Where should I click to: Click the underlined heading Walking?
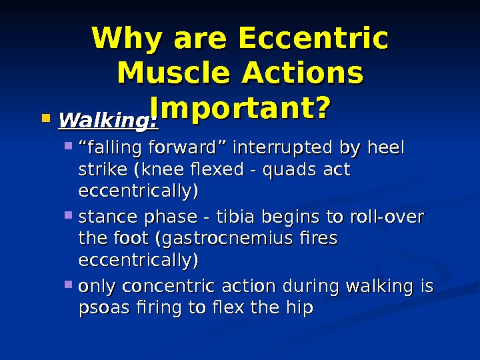[x=108, y=121]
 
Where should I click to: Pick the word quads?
[x=291, y=169]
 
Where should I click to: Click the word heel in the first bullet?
[x=388, y=147]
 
